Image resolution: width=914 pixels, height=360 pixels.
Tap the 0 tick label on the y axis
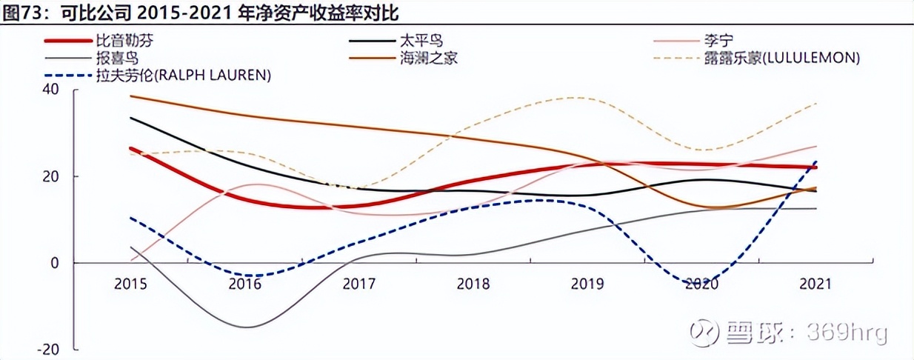(x=54, y=263)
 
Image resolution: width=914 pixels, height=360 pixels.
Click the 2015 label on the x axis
(x=130, y=284)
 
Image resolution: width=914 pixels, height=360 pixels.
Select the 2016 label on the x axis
(x=245, y=284)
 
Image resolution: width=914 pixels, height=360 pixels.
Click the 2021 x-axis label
(x=815, y=284)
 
